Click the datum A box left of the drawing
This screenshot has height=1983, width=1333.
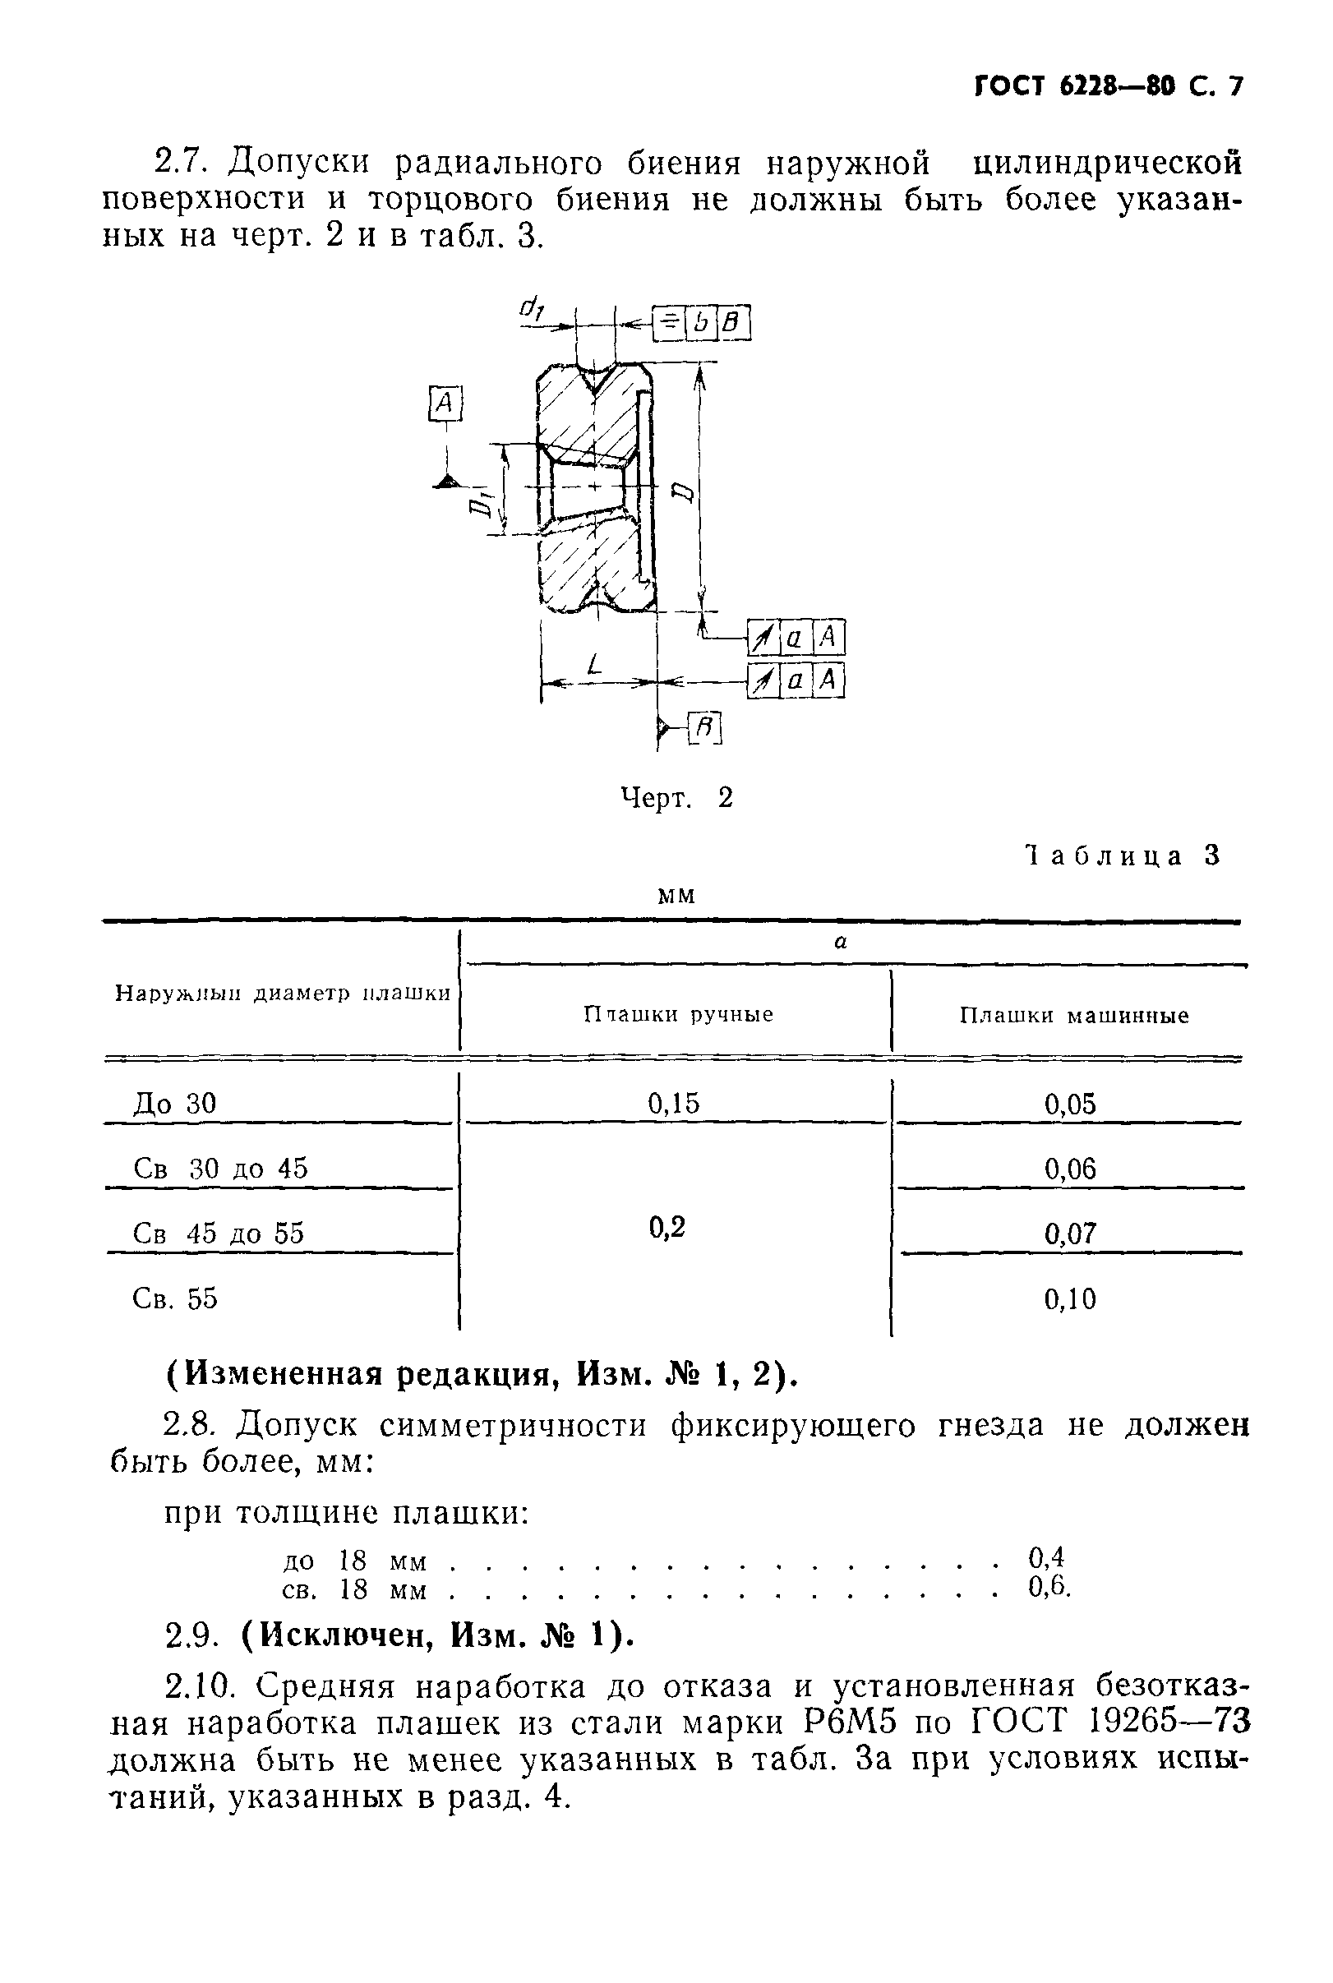point(445,403)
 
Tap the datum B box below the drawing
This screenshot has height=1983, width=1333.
point(704,728)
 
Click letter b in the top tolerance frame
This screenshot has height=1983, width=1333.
point(702,323)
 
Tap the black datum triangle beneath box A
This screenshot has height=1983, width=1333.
point(444,482)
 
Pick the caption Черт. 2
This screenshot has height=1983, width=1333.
point(676,797)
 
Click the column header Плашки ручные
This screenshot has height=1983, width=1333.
point(677,1014)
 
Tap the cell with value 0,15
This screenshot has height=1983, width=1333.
point(673,1104)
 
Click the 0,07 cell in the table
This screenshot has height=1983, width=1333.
point(1070,1234)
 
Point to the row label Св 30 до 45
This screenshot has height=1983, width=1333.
point(220,1168)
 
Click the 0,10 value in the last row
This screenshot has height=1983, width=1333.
point(1070,1298)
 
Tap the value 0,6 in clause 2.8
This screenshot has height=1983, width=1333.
point(1047,1586)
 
